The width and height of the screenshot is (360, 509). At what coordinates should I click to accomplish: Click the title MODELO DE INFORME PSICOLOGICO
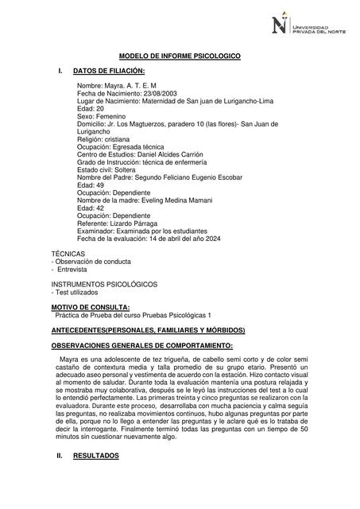(180, 56)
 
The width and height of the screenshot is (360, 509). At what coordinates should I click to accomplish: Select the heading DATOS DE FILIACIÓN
(109, 72)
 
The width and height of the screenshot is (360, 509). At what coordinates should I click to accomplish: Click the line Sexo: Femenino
(101, 116)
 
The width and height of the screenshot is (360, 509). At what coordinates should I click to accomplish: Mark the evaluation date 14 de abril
(176, 238)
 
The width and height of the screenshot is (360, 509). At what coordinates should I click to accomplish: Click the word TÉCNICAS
(68, 254)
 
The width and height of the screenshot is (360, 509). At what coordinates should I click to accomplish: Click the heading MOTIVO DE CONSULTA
(91, 307)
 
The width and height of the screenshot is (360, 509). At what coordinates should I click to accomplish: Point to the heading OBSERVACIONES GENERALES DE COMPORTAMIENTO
(141, 346)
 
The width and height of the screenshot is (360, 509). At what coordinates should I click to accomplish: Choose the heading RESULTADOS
(95, 478)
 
